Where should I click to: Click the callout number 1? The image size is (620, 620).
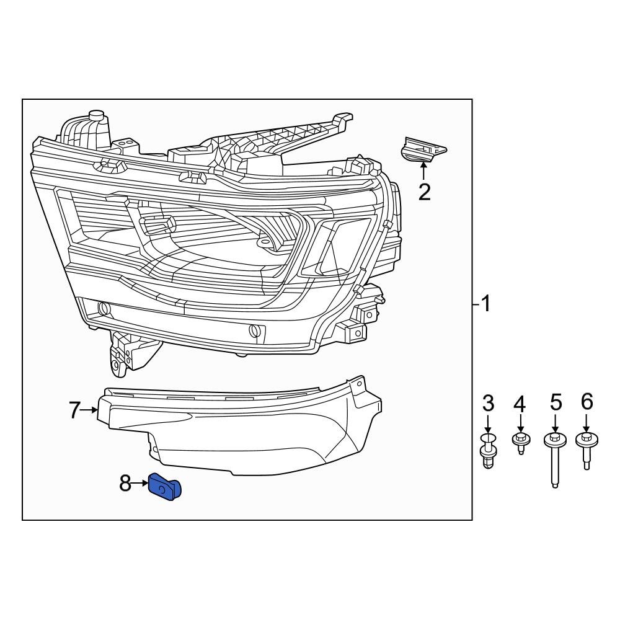[486, 304]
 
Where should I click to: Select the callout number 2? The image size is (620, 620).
[424, 192]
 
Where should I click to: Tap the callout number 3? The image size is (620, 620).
[489, 404]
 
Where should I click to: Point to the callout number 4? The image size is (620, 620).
[520, 405]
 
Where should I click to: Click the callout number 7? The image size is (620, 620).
[74, 410]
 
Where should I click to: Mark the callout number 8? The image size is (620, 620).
[125, 483]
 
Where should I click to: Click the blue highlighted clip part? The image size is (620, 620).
[164, 488]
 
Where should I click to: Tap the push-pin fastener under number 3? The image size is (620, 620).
[489, 451]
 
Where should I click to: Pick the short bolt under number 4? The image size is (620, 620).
[520, 443]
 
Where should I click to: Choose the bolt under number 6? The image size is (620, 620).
[587, 449]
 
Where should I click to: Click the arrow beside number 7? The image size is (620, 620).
[91, 410]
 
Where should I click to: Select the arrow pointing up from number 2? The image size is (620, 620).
[424, 170]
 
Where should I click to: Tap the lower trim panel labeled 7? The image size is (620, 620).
[248, 434]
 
